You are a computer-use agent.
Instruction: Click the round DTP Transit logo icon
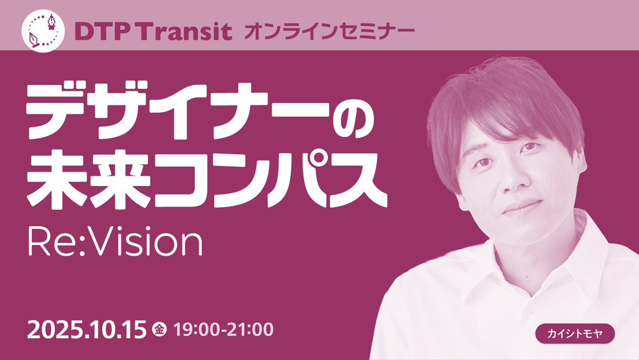43,31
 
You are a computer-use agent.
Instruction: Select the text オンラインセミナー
329,31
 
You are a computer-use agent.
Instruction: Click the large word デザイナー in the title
178,111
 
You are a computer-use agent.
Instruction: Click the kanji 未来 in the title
88,179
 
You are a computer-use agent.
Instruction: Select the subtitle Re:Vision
115,242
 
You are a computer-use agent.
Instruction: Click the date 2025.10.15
86,330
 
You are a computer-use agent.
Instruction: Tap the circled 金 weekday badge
159,329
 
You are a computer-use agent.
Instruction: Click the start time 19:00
197,329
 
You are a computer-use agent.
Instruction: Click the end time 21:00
250,329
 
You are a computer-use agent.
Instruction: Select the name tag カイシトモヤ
575,334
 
